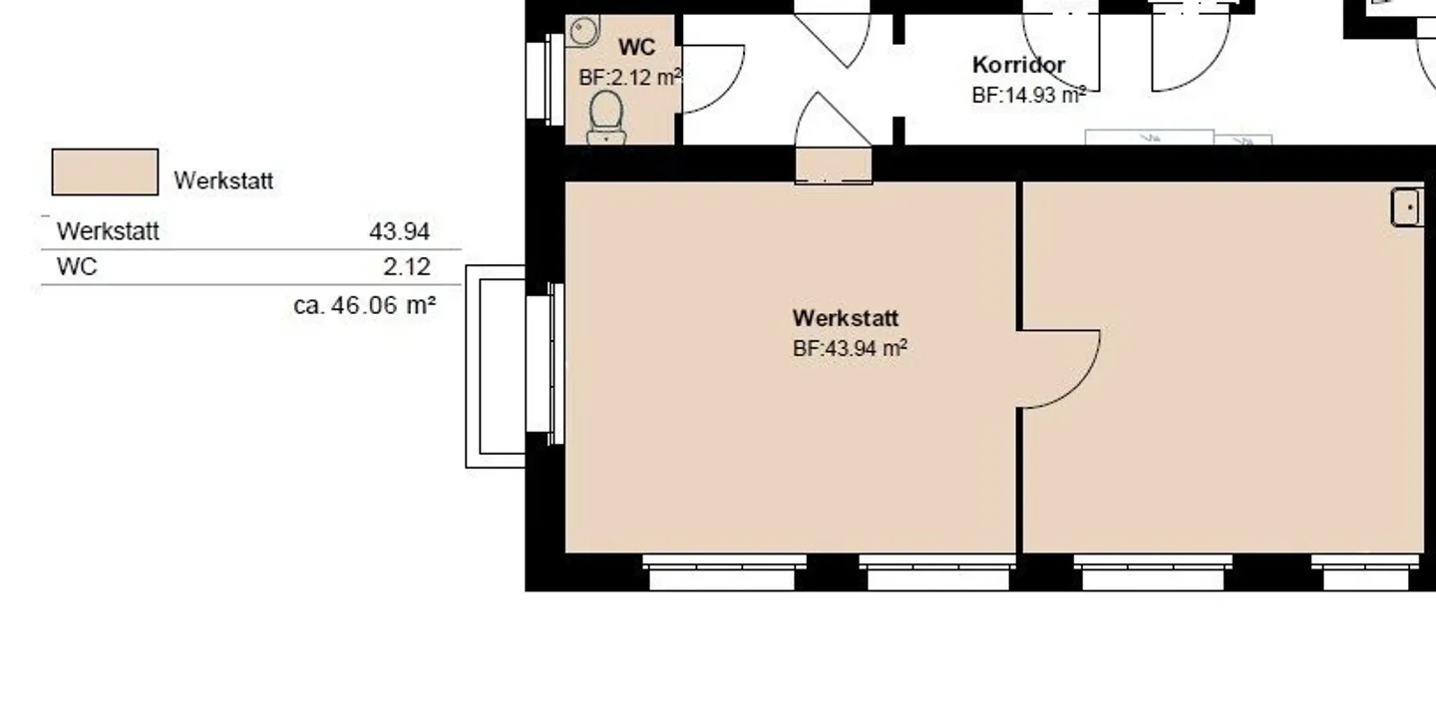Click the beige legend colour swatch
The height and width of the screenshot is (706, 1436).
pyautogui.click(x=105, y=172)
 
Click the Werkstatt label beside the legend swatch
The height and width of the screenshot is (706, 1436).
pyautogui.click(x=223, y=180)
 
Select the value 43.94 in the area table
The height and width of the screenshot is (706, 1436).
pyautogui.click(x=399, y=230)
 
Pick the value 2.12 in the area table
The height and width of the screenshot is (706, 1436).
pyautogui.click(x=407, y=266)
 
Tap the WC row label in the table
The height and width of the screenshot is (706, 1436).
pyautogui.click(x=77, y=266)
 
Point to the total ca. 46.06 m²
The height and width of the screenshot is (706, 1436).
pyautogui.click(x=365, y=305)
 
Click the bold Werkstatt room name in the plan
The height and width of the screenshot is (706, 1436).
pyautogui.click(x=846, y=318)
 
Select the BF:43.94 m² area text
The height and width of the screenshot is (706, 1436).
pyautogui.click(x=850, y=348)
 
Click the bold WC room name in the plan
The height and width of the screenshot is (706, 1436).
pyautogui.click(x=636, y=48)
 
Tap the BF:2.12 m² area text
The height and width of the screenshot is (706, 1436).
pyautogui.click(x=629, y=78)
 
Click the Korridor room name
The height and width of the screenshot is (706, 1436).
pyautogui.click(x=1019, y=65)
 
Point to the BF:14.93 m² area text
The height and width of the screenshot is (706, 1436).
pyautogui.click(x=1029, y=95)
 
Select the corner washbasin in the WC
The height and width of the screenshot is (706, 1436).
pyautogui.click(x=582, y=31)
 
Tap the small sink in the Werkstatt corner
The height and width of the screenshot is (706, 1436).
pyautogui.click(x=1407, y=207)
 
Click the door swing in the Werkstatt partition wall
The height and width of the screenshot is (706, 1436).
pyautogui.click(x=1059, y=369)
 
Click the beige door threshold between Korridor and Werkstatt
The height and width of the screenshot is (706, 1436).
pyautogui.click(x=834, y=166)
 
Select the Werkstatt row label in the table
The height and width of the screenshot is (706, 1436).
pyautogui.click(x=108, y=230)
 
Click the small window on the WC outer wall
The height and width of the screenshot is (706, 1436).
pyautogui.click(x=544, y=80)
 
